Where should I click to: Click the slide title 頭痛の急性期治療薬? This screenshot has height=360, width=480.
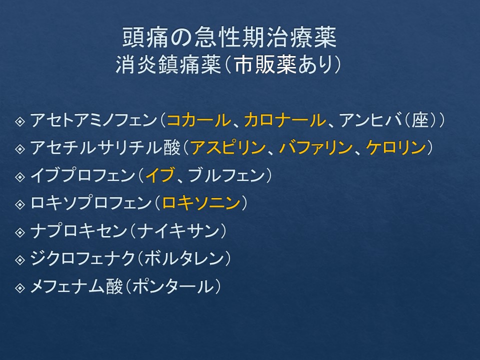(x=229, y=37)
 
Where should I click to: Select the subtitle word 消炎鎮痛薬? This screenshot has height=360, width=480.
(x=168, y=65)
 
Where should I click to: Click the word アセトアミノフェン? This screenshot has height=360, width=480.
(x=93, y=120)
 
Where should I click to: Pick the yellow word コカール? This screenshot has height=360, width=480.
(x=199, y=120)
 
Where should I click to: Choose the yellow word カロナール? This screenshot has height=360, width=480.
(x=285, y=120)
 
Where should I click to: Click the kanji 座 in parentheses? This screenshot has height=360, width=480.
(x=419, y=120)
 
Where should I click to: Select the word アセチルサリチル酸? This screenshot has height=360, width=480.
(x=105, y=147)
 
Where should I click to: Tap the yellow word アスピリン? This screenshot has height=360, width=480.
(x=228, y=147)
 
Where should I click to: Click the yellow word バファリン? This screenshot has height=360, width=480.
(x=315, y=147)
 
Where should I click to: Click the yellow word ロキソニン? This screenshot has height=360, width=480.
(x=201, y=203)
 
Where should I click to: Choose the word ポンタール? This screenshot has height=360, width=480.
(x=173, y=286)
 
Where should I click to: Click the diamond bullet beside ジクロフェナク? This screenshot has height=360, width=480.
(x=20, y=260)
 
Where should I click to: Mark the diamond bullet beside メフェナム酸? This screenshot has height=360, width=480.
(x=20, y=288)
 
